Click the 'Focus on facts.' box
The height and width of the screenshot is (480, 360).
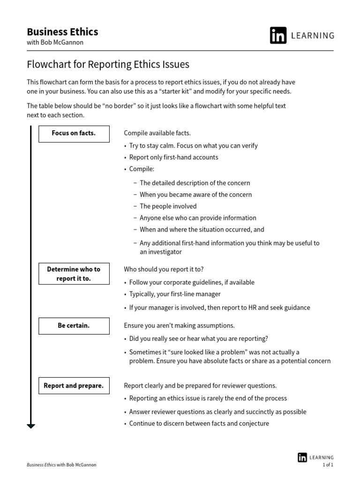pos(74,134)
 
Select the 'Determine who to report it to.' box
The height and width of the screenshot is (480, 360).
pos(74,274)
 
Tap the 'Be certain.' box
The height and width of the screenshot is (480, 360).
pos(74,326)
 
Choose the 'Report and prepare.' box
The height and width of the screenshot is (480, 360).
pos(74,386)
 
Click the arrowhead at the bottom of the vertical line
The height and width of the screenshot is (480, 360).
pos(31,426)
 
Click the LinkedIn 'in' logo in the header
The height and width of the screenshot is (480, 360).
pos(278,36)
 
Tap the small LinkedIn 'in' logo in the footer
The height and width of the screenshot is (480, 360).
pos(302,457)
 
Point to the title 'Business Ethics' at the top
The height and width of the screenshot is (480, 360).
pos(62,32)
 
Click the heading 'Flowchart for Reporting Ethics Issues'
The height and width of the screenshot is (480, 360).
pos(108,64)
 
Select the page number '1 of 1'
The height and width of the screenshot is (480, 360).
pos(328,465)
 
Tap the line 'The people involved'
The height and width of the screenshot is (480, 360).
pos(168,206)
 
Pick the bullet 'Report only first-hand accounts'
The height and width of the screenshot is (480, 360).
pos(173,157)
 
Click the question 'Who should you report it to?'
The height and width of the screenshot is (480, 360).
pos(164,270)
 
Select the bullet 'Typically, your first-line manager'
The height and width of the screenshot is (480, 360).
pos(175,294)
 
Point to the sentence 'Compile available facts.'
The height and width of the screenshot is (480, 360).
pos(157,134)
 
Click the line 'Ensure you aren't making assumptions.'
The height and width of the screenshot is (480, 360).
pos(179,326)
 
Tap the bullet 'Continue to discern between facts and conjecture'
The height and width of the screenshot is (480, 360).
pos(199,424)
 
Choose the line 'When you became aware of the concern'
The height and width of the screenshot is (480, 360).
pos(195,195)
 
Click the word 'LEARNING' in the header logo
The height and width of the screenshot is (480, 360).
pos(314,36)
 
